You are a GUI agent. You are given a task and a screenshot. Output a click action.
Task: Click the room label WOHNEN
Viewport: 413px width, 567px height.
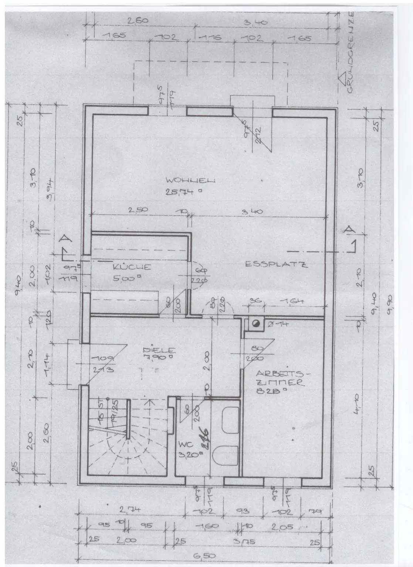point(190,181)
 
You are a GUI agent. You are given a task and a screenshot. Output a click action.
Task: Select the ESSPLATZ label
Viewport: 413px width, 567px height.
point(276,264)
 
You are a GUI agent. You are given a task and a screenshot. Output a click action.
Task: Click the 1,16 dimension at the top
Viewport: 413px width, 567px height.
point(210,38)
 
